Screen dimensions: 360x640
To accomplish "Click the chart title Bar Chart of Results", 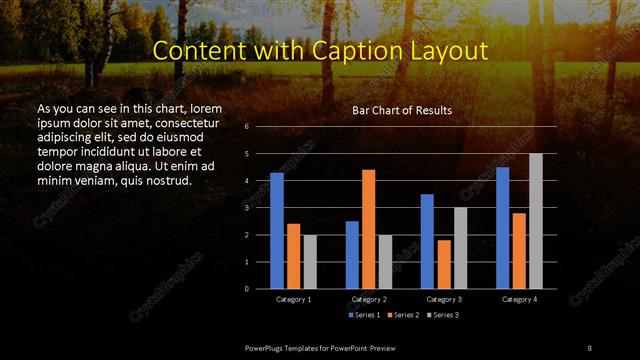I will (402, 110).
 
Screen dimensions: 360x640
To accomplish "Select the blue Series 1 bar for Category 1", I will (277, 231).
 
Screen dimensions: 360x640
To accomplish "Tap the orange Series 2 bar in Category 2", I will (369, 229).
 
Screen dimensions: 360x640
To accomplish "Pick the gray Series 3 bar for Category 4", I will (535, 221).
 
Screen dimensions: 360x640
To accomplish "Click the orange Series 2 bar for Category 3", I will (444, 264).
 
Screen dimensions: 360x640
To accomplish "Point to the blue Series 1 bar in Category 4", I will (503, 228).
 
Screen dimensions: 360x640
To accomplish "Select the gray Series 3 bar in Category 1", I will (310, 262).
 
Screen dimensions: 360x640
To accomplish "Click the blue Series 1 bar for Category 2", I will (352, 255).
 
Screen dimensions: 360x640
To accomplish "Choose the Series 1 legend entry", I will (366, 315).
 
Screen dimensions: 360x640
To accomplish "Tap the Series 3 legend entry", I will (444, 315).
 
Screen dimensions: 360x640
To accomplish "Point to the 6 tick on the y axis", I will (246, 128).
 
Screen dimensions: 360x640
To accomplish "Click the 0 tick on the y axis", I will (246, 289).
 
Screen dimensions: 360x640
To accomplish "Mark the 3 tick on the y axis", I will (246, 208).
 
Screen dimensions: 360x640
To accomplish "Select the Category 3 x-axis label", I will (443, 299).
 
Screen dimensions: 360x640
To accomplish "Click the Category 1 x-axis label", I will (293, 299).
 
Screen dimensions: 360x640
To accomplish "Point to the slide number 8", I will (589, 347).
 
